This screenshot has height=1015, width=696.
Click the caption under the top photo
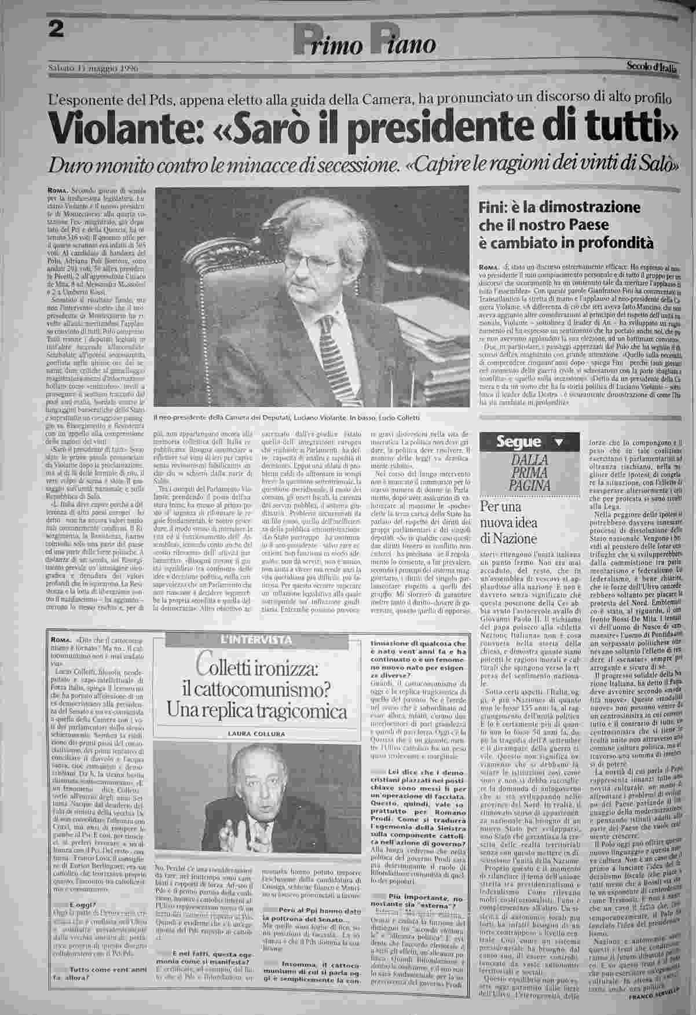(x=283, y=418)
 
